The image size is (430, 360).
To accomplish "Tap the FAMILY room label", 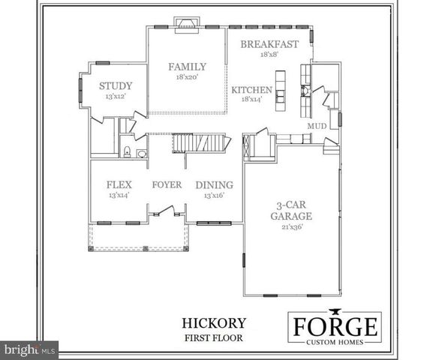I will (187, 67).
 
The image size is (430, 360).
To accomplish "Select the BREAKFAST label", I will (269, 44).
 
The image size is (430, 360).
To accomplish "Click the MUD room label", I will (317, 126).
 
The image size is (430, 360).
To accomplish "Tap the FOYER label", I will (167, 184).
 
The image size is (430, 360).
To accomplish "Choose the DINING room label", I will (214, 184).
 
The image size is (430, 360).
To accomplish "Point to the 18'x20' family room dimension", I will (187, 77).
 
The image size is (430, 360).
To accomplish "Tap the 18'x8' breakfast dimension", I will (269, 55).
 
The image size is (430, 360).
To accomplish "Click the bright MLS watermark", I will (30, 349).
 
